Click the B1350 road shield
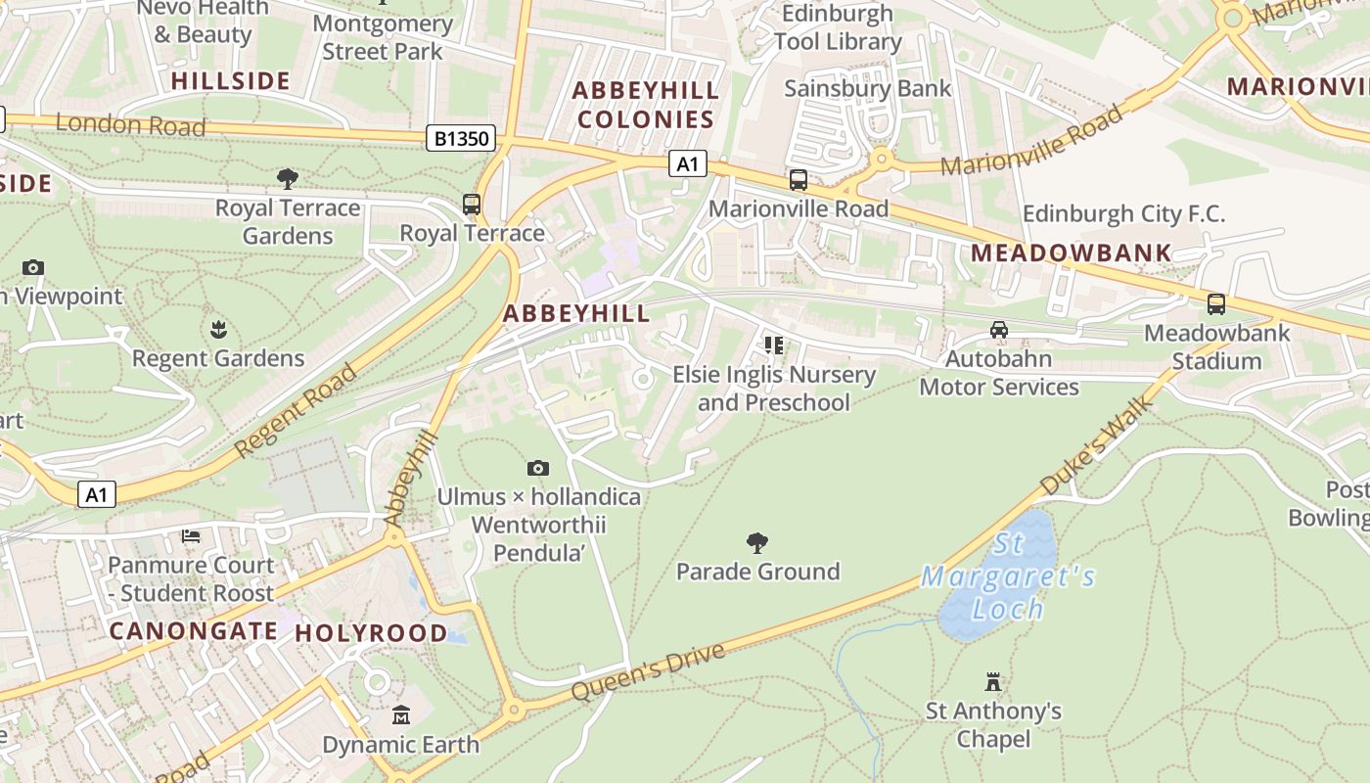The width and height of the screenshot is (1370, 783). (x=460, y=139)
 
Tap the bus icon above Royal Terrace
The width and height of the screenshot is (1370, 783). (x=472, y=205)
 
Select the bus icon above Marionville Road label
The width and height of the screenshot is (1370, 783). (x=799, y=180)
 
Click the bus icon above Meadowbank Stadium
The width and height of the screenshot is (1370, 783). (x=1215, y=304)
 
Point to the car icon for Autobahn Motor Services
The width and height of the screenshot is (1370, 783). (x=998, y=330)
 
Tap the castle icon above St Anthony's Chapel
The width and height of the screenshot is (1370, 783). (x=993, y=681)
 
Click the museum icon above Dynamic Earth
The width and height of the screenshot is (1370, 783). (x=400, y=715)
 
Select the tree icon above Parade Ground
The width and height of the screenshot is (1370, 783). (x=756, y=542)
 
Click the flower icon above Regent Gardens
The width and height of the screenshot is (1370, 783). (x=217, y=329)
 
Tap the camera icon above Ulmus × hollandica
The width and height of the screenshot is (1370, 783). (x=537, y=469)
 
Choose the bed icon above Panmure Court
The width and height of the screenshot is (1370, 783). (x=191, y=536)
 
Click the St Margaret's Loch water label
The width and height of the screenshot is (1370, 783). (x=1008, y=576)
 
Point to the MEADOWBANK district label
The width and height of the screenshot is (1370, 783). (x=1071, y=253)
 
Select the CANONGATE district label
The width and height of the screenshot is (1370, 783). (x=193, y=631)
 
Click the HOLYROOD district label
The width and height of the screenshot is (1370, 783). (x=371, y=633)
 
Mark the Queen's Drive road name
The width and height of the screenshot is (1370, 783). (x=647, y=671)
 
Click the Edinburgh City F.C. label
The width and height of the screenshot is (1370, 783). (x=1123, y=213)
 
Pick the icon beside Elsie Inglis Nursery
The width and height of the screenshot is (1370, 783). (x=774, y=345)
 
